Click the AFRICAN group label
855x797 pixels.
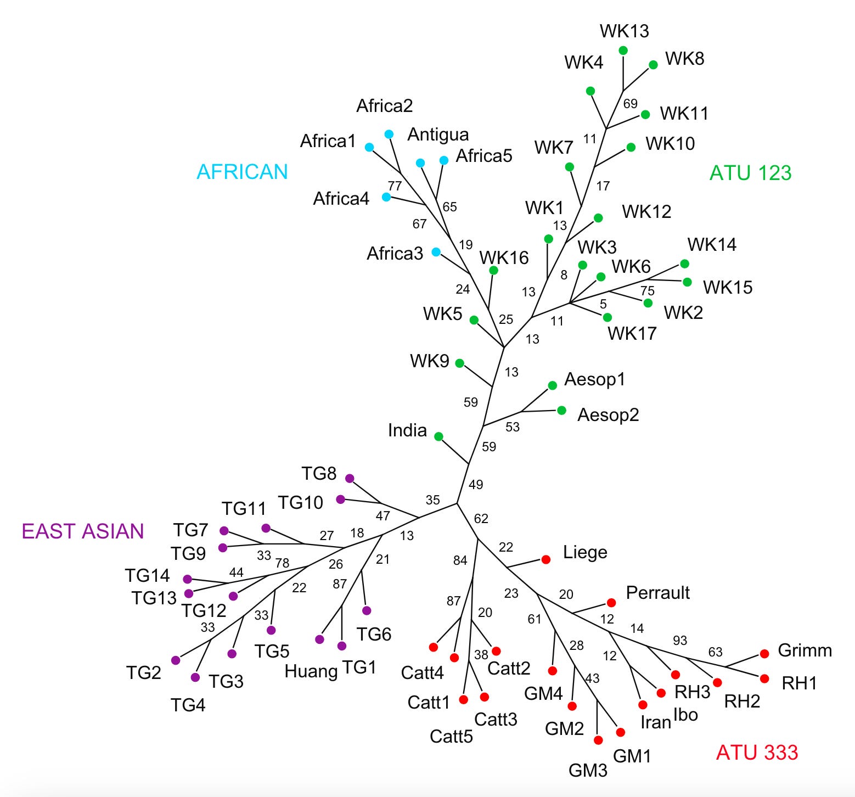[242, 172]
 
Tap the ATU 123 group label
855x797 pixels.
[750, 173]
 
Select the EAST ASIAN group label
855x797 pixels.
[83, 531]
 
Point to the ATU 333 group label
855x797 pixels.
[757, 752]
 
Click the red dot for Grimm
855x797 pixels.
[764, 654]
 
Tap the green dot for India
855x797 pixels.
[438, 436]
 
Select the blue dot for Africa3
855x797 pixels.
[436, 252]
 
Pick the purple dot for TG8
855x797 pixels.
[350, 478]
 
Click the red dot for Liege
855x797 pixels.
[546, 559]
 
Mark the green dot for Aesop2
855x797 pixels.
[561, 410]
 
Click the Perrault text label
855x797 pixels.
[658, 592]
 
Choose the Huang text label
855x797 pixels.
[311, 671]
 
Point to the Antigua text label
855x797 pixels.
[438, 134]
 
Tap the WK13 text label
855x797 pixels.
[625, 31]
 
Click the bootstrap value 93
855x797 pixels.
[680, 640]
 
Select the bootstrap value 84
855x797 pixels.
[460, 560]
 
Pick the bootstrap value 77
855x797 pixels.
[395, 186]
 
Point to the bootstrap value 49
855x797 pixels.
[476, 484]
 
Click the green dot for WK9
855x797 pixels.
[460, 363]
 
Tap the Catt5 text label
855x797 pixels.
[451, 736]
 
